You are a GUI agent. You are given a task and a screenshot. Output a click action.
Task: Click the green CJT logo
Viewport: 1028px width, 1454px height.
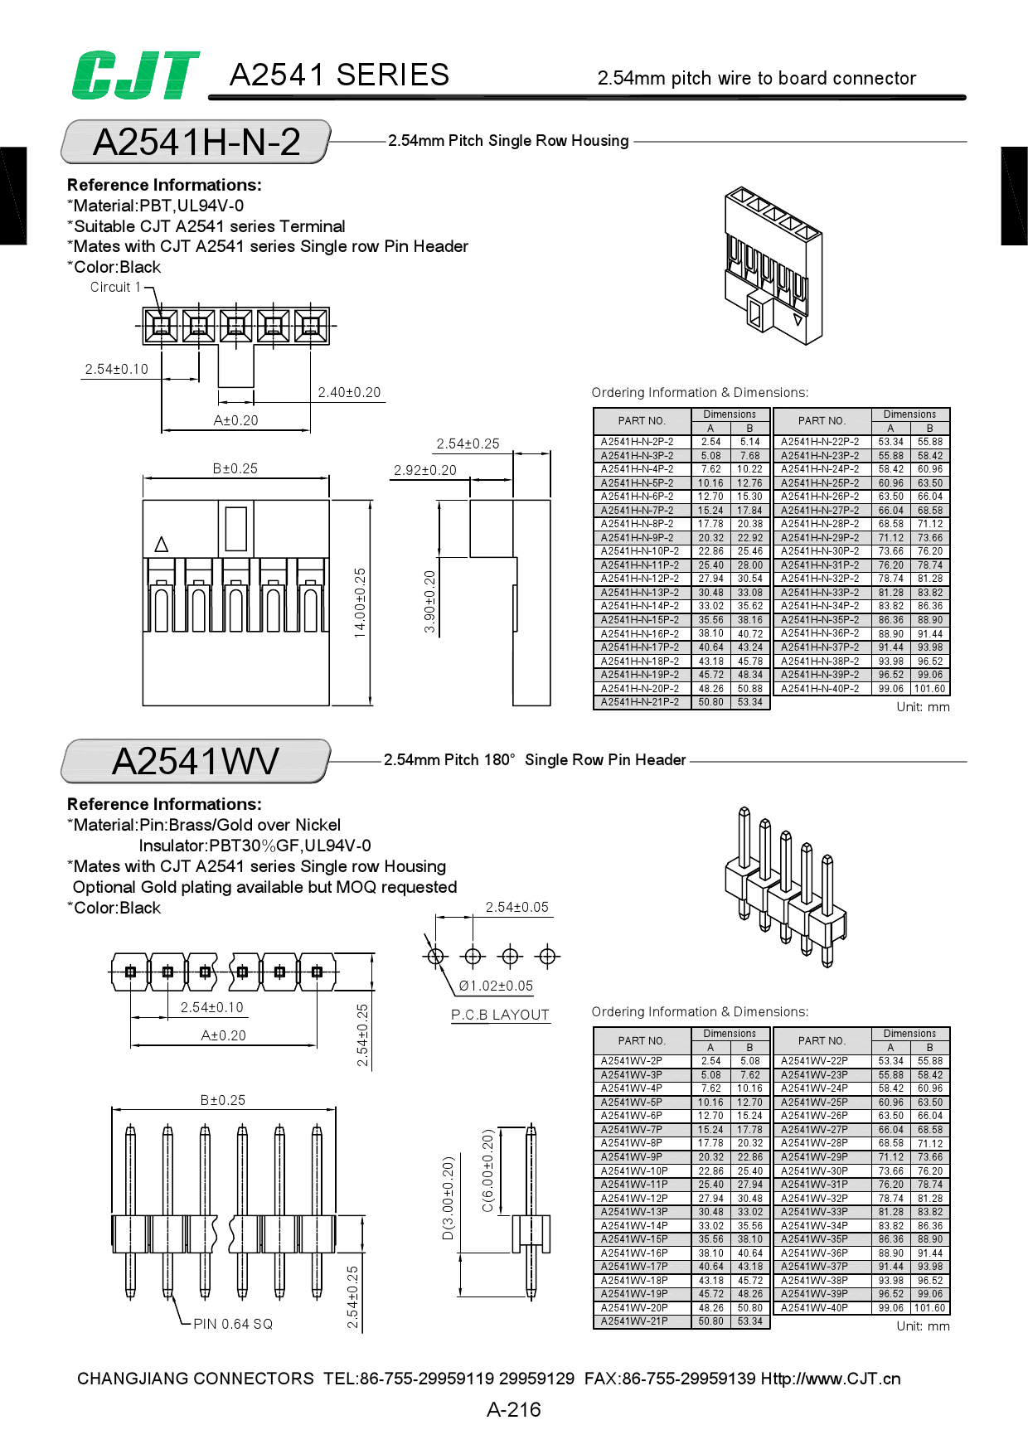[135, 75]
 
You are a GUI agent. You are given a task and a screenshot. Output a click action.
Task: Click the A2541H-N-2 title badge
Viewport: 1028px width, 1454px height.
[196, 142]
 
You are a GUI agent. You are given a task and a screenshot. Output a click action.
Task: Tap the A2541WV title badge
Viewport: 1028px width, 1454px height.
[196, 761]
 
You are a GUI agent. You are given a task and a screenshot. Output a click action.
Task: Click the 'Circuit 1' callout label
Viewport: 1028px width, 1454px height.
[115, 287]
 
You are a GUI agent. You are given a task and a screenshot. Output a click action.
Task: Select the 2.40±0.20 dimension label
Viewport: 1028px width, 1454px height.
[349, 392]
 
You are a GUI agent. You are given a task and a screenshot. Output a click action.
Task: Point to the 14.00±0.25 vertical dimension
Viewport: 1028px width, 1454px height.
[360, 603]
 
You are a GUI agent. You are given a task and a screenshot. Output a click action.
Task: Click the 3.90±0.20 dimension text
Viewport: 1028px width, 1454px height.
[429, 602]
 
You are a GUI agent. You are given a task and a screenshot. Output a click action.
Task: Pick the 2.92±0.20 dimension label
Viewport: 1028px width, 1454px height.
[424, 470]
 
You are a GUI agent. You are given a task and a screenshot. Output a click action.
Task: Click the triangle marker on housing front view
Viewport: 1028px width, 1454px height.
[162, 545]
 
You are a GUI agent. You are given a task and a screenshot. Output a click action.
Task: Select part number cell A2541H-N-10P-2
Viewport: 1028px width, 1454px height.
[640, 551]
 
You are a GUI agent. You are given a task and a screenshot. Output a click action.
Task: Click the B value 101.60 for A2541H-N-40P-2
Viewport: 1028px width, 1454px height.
[929, 689]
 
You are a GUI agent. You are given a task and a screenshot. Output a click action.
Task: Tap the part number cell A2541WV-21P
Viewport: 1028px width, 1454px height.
[634, 1321]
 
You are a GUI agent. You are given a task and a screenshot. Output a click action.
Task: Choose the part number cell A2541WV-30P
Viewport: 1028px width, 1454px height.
[814, 1171]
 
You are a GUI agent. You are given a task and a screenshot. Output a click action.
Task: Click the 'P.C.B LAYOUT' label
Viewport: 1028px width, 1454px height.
[500, 1015]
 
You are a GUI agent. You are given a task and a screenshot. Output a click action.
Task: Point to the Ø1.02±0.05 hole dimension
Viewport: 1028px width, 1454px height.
[496, 986]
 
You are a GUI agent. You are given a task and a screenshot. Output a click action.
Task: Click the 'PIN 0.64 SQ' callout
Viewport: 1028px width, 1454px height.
[233, 1324]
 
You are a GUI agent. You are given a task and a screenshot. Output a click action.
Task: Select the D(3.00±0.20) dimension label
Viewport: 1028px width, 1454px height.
[448, 1198]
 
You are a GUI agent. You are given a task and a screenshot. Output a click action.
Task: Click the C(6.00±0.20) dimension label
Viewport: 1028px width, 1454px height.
[487, 1170]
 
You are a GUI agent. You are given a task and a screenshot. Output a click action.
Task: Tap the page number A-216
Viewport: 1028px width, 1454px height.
[513, 1409]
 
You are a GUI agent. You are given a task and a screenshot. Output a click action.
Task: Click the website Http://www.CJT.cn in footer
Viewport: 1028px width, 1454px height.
[830, 1379]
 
